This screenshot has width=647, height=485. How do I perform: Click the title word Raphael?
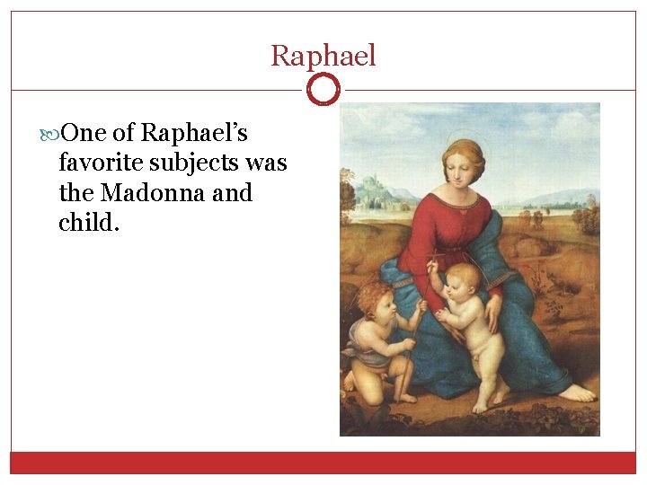(323, 56)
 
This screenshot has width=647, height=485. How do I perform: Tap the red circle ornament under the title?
(323, 90)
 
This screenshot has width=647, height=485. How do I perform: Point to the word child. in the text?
(88, 222)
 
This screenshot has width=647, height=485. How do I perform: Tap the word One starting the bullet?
(85, 134)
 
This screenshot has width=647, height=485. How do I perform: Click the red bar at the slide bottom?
(323, 463)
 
